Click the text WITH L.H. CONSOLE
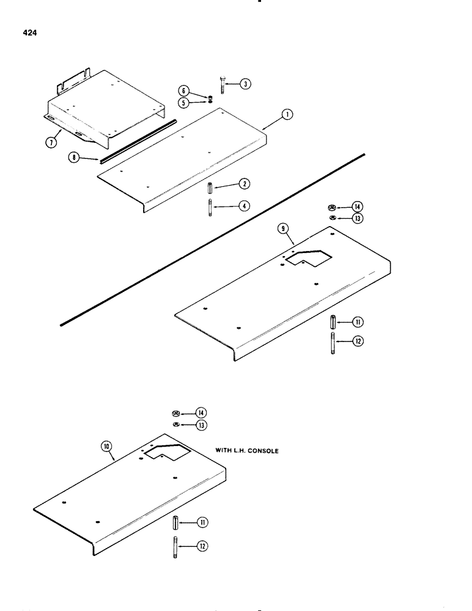[247, 450]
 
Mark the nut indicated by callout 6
[210, 96]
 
